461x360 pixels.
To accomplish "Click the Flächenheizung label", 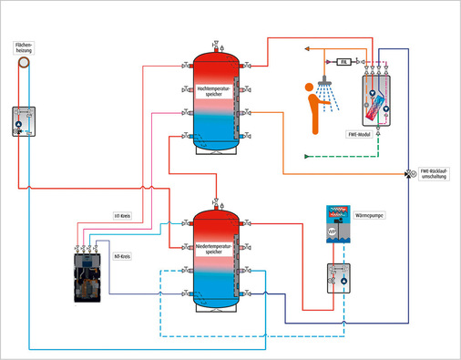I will [x=25, y=48].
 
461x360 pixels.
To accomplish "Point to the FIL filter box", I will [x=344, y=61].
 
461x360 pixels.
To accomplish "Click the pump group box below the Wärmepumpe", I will [x=338, y=275].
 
